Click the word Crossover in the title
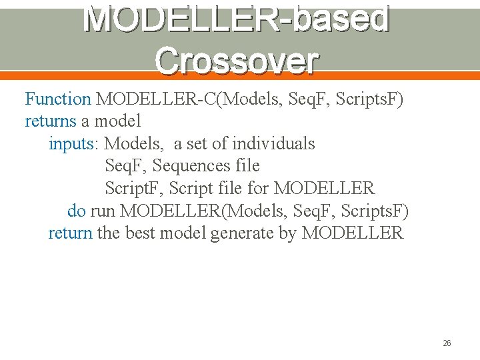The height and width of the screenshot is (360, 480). (237, 61)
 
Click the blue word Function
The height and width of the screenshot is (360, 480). (58, 99)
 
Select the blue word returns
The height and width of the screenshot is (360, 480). (51, 121)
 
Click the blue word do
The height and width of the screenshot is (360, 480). (76, 211)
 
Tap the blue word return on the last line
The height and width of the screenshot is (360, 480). (70, 233)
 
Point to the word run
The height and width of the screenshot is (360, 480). (103, 211)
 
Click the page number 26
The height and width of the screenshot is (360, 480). (447, 343)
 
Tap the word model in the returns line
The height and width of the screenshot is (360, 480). (117, 121)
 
